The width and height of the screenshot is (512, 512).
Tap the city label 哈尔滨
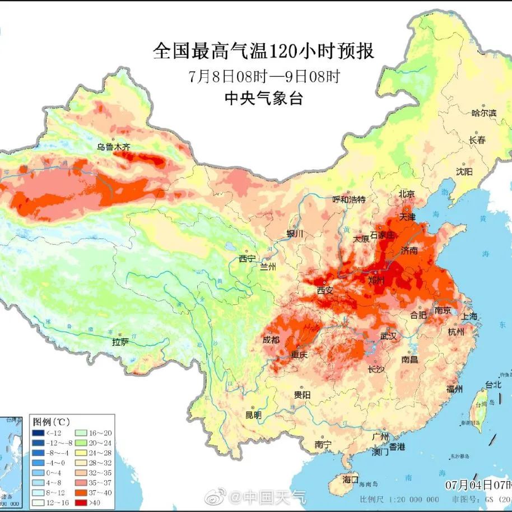point(484,113)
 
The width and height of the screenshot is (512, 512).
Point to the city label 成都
point(271,339)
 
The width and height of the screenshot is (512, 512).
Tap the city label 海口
point(350,480)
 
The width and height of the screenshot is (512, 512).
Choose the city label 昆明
point(253,415)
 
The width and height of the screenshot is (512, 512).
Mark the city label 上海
point(469,316)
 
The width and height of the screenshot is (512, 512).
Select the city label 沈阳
point(464,171)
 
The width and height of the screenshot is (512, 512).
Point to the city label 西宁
point(246,258)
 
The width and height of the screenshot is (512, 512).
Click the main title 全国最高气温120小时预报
point(263,52)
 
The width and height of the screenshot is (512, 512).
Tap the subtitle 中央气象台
point(263,99)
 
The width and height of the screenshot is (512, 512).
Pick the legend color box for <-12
point(38,432)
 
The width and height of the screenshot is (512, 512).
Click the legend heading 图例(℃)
point(51,421)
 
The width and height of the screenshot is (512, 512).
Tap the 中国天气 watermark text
point(274,496)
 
